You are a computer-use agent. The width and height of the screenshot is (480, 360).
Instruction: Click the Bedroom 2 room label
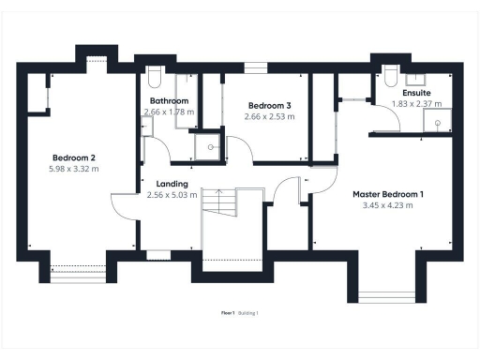75,157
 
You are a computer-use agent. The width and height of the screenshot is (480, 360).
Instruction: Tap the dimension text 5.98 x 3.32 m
75,169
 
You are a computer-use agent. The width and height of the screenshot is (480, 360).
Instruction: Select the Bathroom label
169,100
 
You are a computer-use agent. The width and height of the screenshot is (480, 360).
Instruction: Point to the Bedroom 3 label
269,106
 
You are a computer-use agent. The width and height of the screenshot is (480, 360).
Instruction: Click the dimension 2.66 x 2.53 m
269,117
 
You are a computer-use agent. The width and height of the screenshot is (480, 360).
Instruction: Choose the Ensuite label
416,94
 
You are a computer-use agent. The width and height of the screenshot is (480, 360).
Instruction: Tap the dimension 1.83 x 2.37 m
416,104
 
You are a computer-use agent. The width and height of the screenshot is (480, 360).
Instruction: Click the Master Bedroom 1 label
387,194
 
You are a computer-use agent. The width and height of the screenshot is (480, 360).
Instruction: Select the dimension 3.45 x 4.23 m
387,205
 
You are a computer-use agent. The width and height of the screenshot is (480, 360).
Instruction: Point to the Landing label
172,184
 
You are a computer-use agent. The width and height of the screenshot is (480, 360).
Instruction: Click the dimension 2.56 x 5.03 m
172,195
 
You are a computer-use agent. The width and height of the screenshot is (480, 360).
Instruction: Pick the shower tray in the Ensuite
437,119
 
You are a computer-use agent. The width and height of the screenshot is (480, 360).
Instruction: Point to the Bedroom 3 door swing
240,148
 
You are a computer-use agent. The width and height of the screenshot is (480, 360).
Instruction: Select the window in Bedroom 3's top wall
254,67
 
